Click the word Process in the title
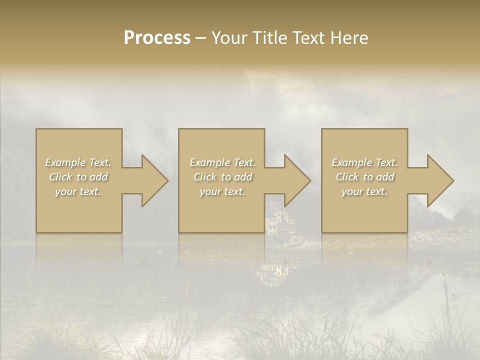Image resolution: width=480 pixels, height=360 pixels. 157,38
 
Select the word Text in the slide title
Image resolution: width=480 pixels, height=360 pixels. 307,38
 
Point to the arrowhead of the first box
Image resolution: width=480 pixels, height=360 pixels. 154,180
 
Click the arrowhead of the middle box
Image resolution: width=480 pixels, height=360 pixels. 297,180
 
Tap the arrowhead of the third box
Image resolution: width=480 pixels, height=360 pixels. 440,180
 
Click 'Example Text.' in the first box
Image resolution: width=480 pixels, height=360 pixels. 78,162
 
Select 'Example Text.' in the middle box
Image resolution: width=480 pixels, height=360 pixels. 222,162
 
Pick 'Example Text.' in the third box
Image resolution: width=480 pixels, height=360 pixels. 364,162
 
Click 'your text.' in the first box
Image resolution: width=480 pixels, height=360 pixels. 78,191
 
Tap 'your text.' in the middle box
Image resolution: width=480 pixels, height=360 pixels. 222,191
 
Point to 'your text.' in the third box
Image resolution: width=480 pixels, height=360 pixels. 364,191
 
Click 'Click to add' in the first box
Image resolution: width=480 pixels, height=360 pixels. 78,177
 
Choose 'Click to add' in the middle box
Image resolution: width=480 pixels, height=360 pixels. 222,177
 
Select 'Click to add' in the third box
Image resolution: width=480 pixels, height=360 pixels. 364,177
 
